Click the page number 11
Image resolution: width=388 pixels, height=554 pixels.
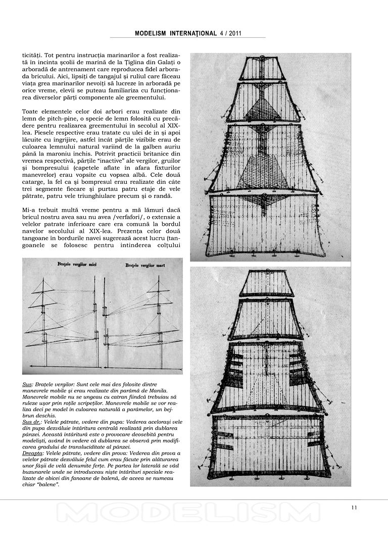(354, 508)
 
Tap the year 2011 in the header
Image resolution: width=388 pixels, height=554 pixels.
(233, 33)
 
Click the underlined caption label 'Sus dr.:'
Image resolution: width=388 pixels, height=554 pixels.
(32, 421)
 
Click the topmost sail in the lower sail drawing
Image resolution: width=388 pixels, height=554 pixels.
(266, 283)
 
